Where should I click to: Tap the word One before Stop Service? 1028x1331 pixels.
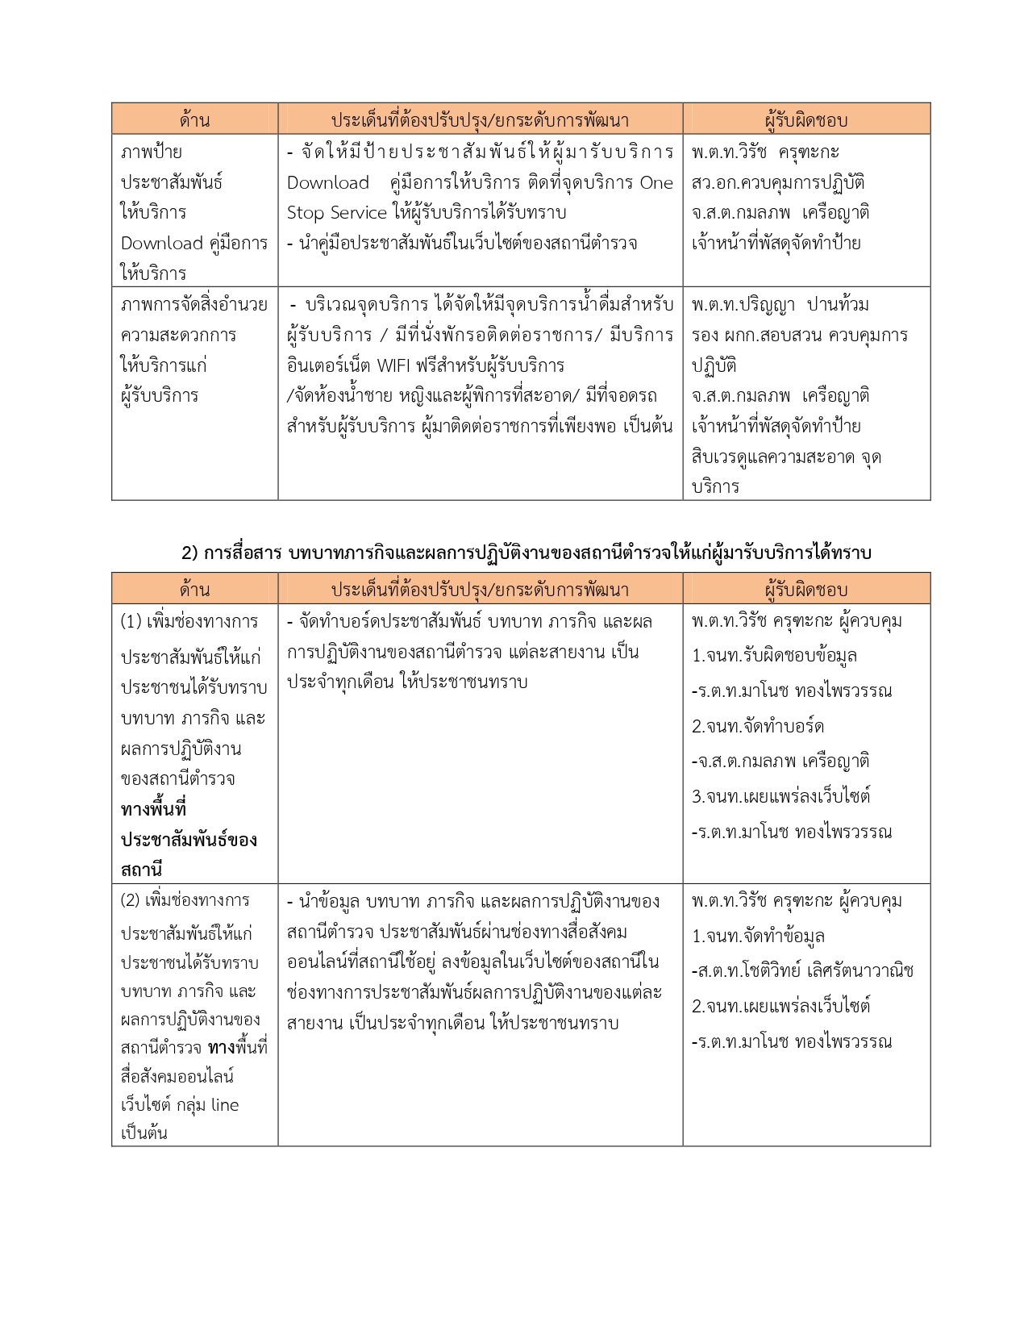click(656, 182)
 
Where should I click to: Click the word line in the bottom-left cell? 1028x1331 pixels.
click(225, 1104)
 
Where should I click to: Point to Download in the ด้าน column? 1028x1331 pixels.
click(161, 243)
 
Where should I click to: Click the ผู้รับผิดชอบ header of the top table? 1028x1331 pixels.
click(805, 120)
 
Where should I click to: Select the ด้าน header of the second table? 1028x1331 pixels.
click(194, 590)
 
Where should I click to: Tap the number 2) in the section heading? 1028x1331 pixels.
click(189, 553)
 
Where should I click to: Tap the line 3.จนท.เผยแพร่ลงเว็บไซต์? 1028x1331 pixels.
click(780, 796)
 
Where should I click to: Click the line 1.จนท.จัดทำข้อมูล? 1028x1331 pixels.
click(758, 936)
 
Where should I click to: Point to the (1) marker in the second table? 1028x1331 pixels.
click(131, 621)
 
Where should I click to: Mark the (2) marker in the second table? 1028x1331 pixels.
click(131, 900)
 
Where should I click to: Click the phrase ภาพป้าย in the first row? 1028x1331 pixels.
click(152, 152)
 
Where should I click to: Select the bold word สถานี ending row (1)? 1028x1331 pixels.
click(142, 870)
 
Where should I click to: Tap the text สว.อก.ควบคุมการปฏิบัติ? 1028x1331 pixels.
click(778, 182)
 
